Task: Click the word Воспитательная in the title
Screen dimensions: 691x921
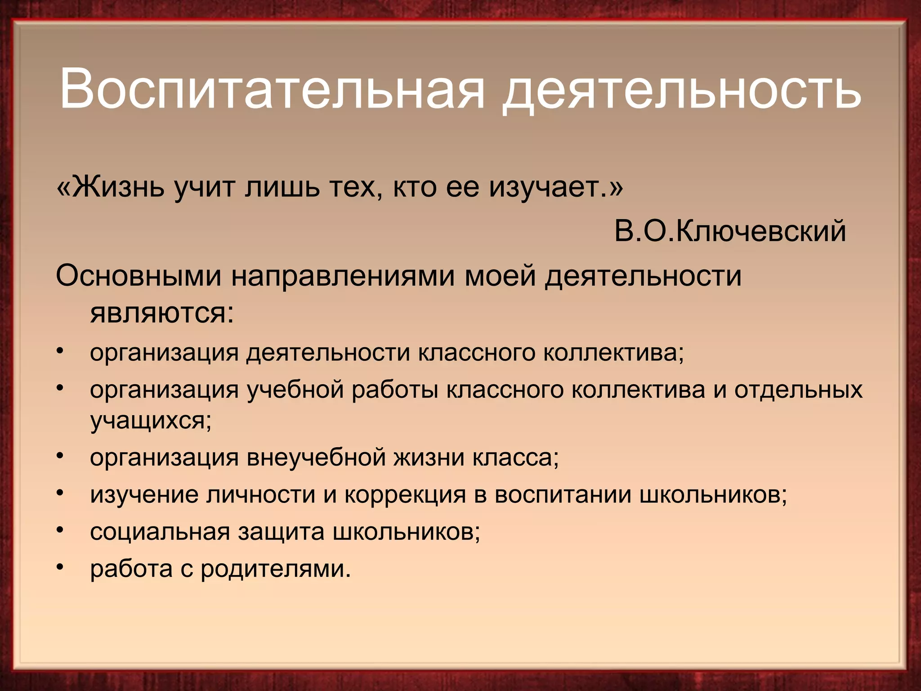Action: [272, 88]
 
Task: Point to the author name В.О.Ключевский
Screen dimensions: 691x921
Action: [730, 231]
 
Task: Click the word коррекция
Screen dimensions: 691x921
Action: [405, 495]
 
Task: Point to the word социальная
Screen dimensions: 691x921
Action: [160, 532]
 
